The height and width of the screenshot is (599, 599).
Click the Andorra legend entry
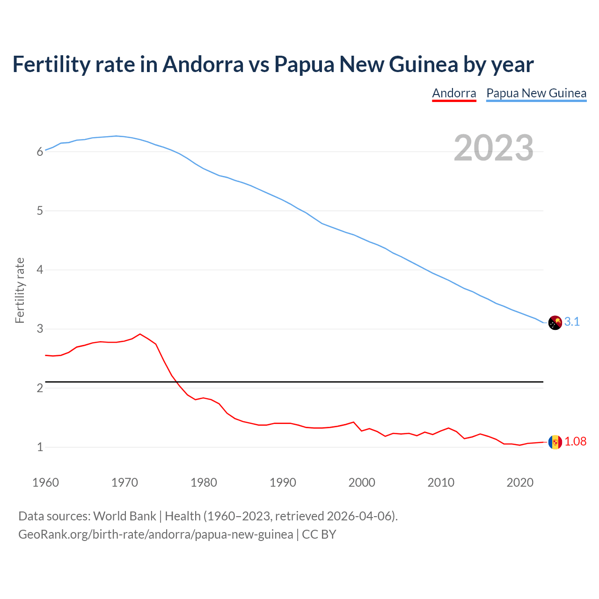[x=454, y=93]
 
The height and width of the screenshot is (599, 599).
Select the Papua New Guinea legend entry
[x=536, y=93]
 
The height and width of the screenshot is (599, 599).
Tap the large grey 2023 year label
[x=493, y=148]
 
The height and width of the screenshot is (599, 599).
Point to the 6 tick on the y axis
[x=40, y=152]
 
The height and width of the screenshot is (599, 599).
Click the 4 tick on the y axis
[x=40, y=270]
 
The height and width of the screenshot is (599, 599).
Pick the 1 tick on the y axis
[x=40, y=447]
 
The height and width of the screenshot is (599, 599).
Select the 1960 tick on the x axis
[x=45, y=482]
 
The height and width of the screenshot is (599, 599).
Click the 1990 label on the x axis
[x=283, y=482]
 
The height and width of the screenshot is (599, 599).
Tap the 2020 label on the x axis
[x=520, y=482]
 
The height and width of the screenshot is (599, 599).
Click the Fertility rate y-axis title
[x=20, y=290]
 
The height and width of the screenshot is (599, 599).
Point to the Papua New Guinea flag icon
[x=555, y=322]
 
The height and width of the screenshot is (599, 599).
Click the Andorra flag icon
[x=555, y=442]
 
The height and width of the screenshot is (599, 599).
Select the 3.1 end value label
[x=572, y=322]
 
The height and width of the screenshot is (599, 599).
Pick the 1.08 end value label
[x=575, y=442]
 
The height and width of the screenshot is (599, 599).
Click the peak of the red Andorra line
[x=140, y=334]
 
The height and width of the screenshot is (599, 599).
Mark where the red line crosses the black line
[x=175, y=382]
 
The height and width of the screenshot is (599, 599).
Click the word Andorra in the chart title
[x=203, y=65]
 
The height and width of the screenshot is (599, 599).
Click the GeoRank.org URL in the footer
[x=155, y=534]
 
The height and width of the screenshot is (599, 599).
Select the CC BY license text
[x=319, y=534]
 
